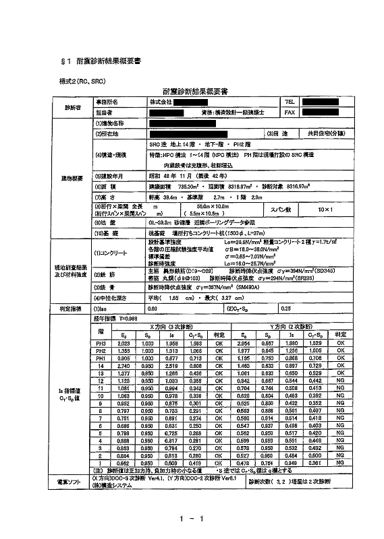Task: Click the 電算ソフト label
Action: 68,481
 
